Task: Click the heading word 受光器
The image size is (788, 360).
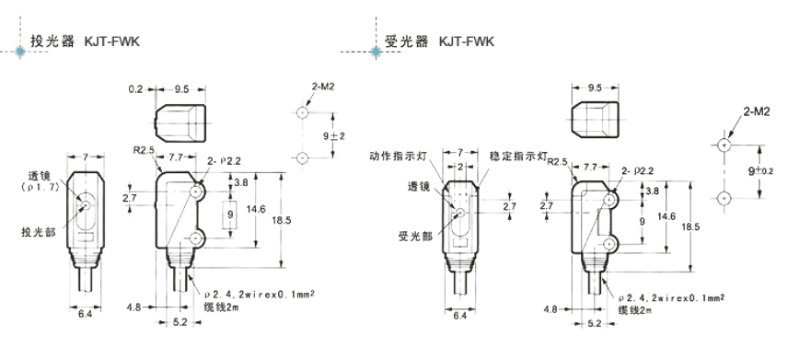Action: [407, 41]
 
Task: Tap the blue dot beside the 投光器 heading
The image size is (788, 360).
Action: [20, 52]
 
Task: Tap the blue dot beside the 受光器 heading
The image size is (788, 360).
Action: [376, 52]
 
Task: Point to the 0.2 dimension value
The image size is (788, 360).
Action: [134, 89]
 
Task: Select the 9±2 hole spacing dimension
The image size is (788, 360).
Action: [336, 135]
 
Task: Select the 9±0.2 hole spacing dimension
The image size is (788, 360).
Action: [760, 171]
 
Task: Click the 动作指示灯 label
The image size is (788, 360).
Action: [396, 157]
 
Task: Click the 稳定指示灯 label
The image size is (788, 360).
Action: [517, 157]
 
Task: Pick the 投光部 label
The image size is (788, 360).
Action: [38, 232]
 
